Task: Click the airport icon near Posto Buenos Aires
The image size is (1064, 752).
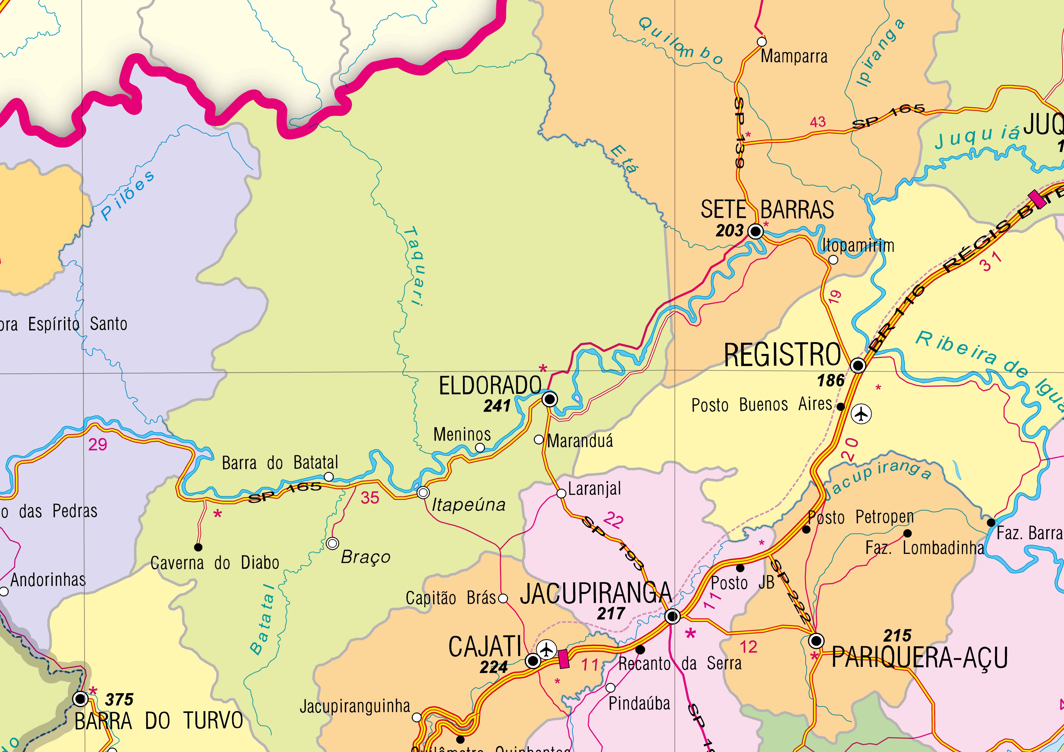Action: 861,414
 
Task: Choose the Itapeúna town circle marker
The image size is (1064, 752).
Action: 423,492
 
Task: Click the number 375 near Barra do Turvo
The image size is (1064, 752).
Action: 119,699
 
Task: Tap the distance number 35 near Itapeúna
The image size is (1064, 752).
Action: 370,498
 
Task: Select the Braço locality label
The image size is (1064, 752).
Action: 366,557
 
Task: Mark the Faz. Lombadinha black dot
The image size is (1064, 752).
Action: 907,533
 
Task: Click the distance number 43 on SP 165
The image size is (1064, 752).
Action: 818,122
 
